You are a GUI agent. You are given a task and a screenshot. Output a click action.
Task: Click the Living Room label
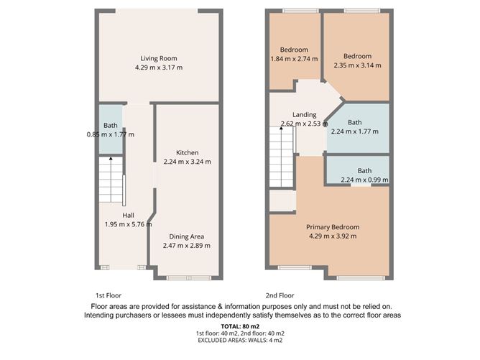tap(158, 58)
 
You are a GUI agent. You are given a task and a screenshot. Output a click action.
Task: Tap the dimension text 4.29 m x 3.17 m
tap(158, 68)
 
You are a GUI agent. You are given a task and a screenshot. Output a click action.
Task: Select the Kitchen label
tap(187, 152)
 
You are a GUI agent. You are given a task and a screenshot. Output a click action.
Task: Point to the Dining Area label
tap(187, 236)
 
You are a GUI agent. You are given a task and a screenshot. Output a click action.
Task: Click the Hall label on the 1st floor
tap(128, 215)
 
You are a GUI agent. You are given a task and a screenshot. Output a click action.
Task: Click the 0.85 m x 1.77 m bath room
tap(110, 129)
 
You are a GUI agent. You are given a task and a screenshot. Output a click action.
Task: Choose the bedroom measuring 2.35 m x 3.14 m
tap(357, 60)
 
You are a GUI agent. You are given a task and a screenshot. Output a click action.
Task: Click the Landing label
tap(305, 115)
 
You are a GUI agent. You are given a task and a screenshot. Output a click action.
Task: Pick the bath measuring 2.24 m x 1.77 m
tap(357, 127)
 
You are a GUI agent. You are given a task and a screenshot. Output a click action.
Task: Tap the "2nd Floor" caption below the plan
tap(280, 295)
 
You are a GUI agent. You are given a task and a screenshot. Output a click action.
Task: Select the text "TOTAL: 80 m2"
tap(240, 326)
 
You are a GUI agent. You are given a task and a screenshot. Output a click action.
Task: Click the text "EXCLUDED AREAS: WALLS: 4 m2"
tap(240, 341)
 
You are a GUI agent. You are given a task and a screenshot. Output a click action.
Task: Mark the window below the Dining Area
tap(189, 277)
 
